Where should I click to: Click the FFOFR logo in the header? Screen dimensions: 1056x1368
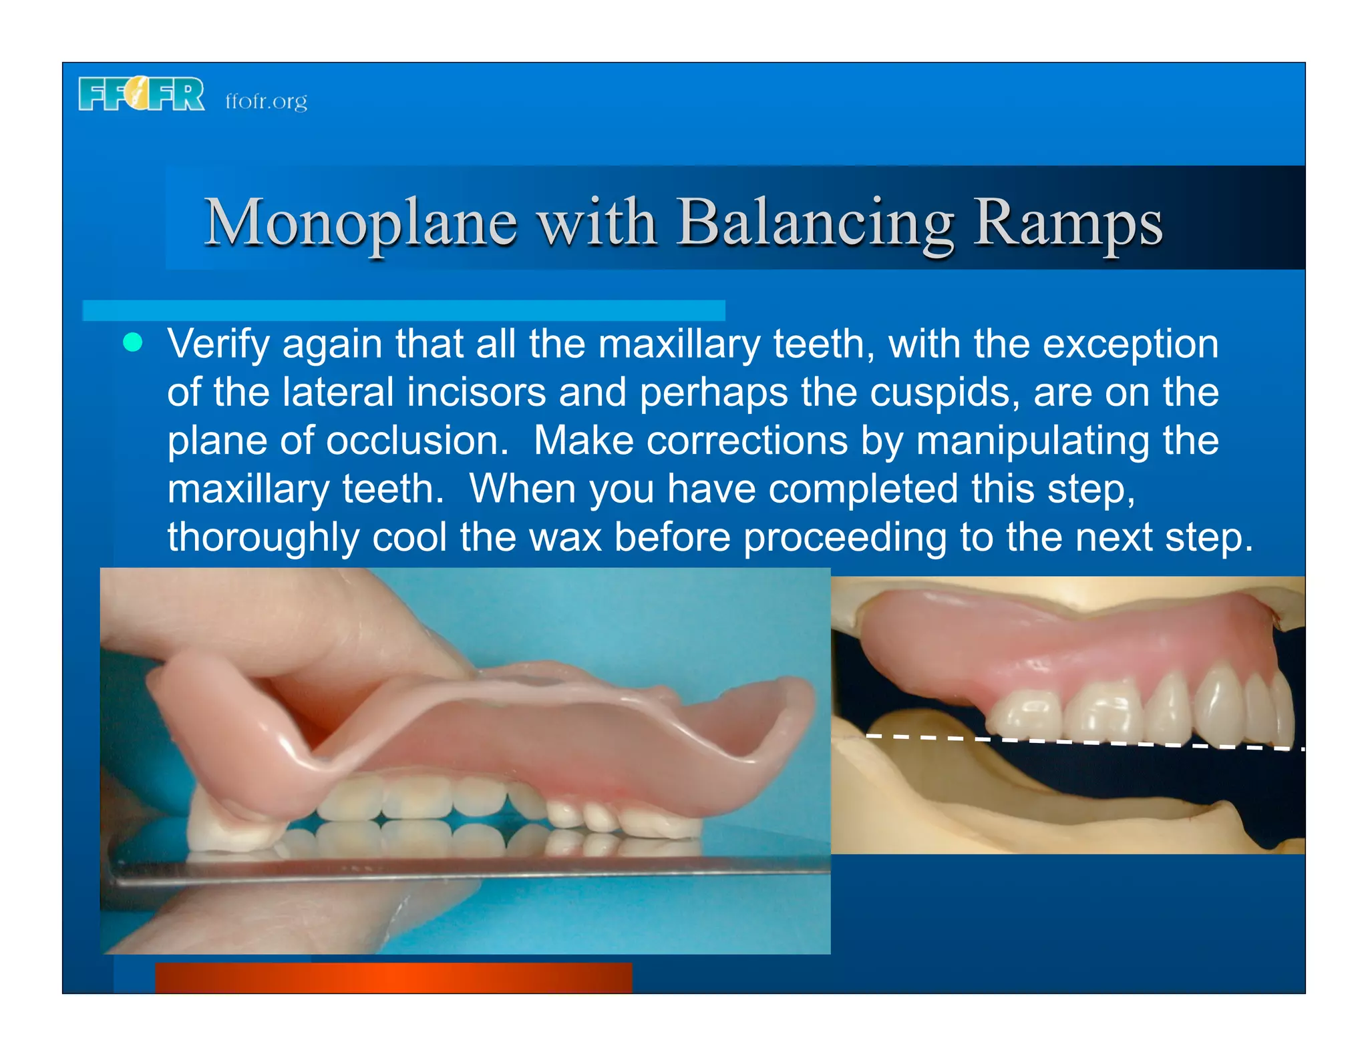[142, 94]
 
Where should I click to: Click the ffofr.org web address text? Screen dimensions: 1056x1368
[266, 101]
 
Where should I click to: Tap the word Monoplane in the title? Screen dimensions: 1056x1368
[361, 223]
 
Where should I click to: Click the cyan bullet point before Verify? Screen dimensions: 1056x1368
[133, 343]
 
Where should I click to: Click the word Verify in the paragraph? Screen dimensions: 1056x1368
[218, 344]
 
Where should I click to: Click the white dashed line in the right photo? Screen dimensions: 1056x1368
[1082, 742]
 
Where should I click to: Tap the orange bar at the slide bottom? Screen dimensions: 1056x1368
[393, 977]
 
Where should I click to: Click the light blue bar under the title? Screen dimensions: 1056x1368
[403, 310]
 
